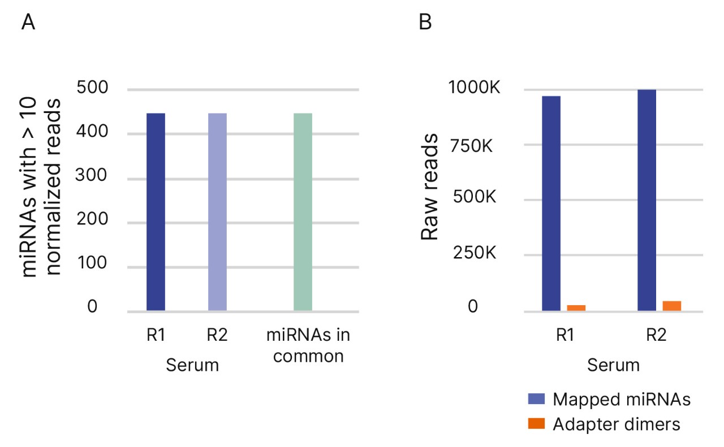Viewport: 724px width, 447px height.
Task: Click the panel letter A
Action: [x=29, y=23]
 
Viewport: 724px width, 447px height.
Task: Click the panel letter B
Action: [x=425, y=23]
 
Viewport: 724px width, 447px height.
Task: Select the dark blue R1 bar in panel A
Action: [x=156, y=212]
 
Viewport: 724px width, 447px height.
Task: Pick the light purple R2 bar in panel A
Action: [x=217, y=212]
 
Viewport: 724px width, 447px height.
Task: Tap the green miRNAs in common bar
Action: [x=303, y=212]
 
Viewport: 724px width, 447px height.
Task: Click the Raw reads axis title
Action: [x=431, y=186]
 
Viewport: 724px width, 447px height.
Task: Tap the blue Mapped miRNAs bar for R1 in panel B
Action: [x=551, y=203]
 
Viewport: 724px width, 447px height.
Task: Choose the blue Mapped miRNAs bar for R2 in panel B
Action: [x=647, y=200]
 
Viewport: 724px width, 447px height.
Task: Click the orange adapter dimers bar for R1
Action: [x=576, y=308]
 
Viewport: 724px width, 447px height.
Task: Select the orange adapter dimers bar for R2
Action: [x=672, y=306]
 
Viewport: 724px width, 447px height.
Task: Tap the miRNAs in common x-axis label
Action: [x=308, y=346]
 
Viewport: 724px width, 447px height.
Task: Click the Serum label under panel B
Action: [x=613, y=365]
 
